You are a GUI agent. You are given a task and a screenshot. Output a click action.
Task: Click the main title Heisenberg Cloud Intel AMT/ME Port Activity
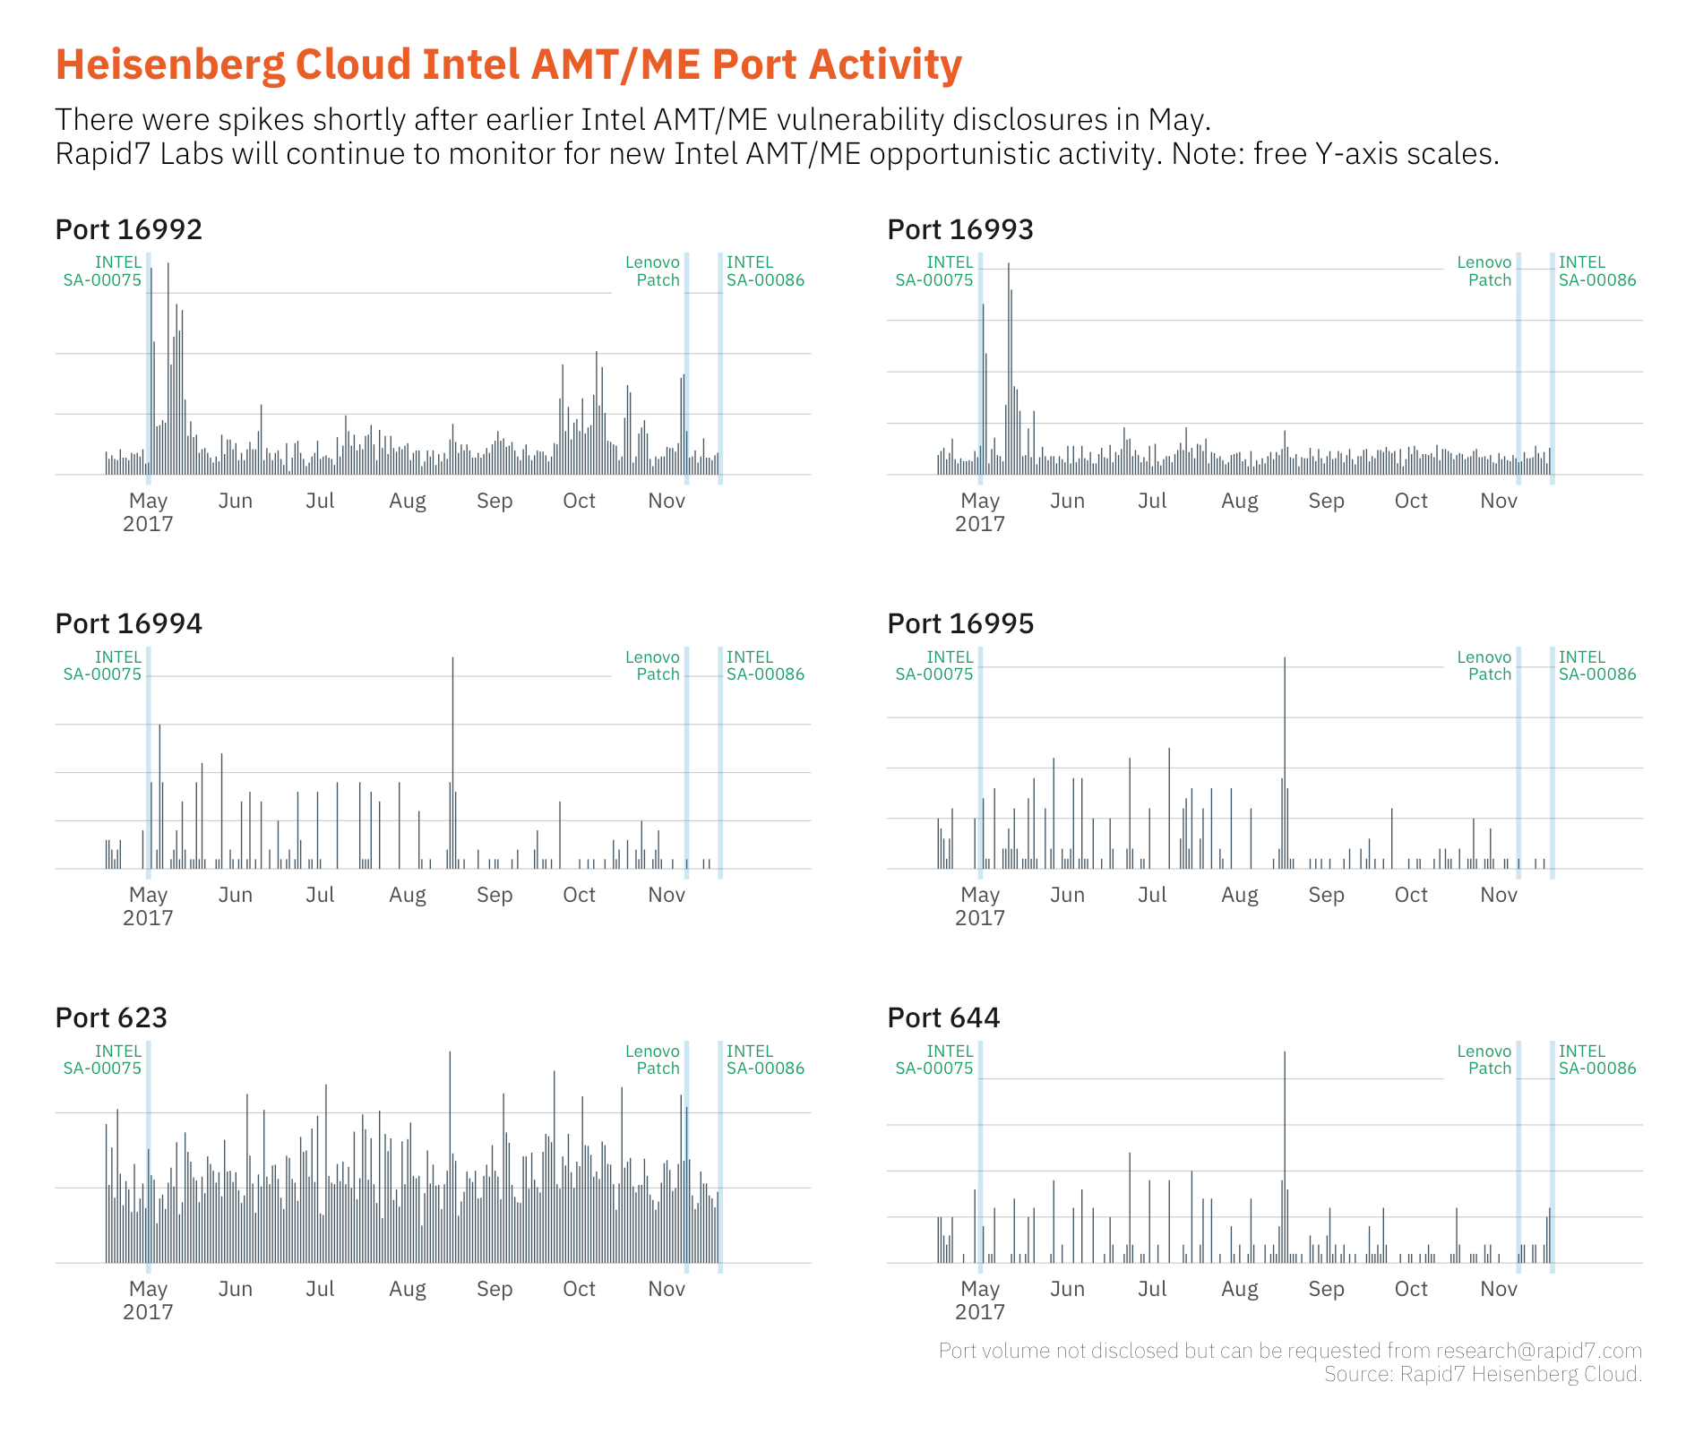coord(508,64)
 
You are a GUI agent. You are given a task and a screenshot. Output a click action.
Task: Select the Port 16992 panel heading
coord(128,230)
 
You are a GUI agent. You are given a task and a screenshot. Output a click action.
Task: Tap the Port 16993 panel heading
coord(959,230)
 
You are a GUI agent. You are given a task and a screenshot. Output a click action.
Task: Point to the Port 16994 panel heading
coord(128,624)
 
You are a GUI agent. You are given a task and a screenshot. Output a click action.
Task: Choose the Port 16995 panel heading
coord(959,624)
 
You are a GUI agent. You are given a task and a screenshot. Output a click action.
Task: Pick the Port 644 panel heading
coord(942,1018)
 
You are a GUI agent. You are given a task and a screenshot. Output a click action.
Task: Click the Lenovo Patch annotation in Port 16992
coord(653,271)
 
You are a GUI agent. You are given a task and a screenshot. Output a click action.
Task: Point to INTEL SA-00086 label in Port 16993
coord(1596,271)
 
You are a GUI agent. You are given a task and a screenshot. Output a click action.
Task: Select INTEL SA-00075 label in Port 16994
coord(103,665)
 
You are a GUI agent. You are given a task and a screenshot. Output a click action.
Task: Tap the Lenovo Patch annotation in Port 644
coord(1484,1060)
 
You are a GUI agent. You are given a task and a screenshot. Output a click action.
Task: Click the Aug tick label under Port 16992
coord(408,502)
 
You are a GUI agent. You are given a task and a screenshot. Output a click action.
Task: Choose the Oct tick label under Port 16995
coord(1411,896)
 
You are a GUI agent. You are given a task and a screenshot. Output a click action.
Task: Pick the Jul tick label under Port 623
coord(320,1290)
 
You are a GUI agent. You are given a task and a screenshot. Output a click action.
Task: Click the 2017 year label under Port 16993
coord(979,525)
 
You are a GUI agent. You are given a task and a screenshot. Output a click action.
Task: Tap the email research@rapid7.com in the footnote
coord(1538,1351)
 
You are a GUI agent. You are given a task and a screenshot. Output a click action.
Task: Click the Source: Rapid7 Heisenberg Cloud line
coord(1483,1374)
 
